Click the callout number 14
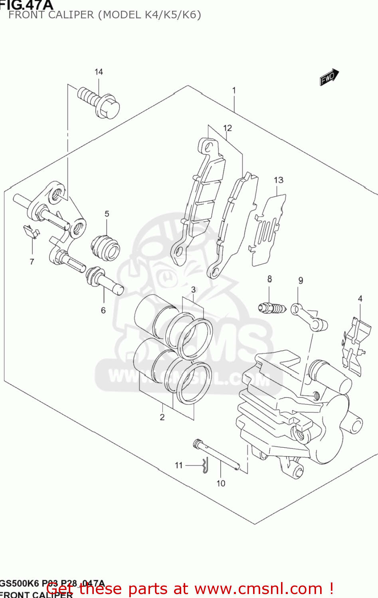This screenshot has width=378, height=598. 99,72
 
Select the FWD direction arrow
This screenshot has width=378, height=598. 329,77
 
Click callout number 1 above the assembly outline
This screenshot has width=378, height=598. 234,90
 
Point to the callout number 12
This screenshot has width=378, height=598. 228,128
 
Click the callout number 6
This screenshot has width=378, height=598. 103,310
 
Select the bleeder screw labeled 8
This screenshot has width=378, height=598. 272,308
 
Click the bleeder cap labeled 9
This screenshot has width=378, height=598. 309,317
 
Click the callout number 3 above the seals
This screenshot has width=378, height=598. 193,289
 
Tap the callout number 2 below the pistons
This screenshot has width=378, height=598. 162,417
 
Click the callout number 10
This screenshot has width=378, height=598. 221,483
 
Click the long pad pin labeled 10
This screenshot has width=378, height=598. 218,454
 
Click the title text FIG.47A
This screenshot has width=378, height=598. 26,5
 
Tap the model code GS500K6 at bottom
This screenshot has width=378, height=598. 19,584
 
